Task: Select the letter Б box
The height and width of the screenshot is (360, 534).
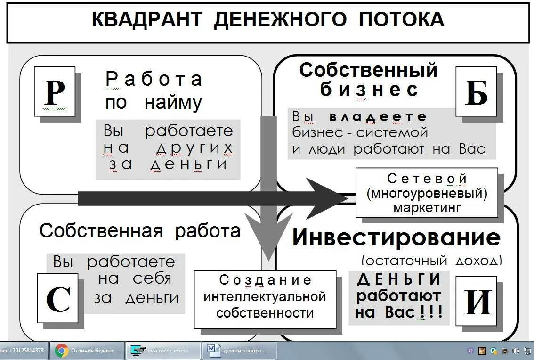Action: point(476,91)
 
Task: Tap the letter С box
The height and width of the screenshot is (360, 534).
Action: point(57,298)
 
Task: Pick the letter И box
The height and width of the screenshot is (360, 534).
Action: point(477,302)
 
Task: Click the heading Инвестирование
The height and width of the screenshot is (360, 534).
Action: point(396,237)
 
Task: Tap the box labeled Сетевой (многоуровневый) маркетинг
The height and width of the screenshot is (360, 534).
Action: point(427,192)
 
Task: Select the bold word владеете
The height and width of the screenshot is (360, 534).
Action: point(378,117)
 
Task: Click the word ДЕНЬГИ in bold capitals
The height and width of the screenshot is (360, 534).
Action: point(399,279)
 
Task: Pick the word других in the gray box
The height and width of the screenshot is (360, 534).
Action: point(194,147)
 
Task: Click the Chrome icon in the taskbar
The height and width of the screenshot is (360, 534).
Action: point(62,351)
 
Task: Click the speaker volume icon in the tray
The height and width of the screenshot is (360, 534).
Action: point(515,351)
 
